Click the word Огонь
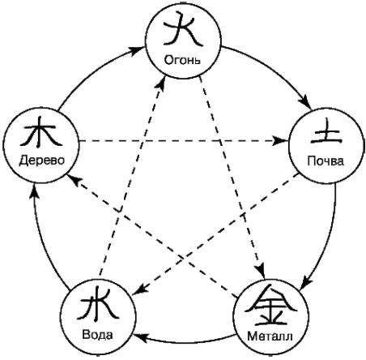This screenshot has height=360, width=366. (182, 60)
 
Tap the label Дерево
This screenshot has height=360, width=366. (42, 161)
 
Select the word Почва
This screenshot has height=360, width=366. (326, 161)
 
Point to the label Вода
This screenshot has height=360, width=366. (97, 335)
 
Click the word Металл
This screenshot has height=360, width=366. (270, 336)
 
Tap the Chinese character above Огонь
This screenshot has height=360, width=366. (183, 28)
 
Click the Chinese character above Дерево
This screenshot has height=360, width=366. (41, 132)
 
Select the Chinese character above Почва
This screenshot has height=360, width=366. (326, 131)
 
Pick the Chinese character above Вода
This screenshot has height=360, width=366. (98, 305)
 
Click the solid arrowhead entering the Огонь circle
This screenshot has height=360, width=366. (135, 50)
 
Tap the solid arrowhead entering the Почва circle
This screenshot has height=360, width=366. (306, 102)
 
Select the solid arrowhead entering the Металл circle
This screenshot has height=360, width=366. (307, 283)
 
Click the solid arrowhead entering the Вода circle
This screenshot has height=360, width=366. (141, 336)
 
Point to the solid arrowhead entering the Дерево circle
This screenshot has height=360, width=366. (34, 192)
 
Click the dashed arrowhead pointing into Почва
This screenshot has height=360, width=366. (280, 141)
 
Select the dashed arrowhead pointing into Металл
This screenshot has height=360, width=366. (261, 270)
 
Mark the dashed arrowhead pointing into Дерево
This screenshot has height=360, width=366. (74, 179)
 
